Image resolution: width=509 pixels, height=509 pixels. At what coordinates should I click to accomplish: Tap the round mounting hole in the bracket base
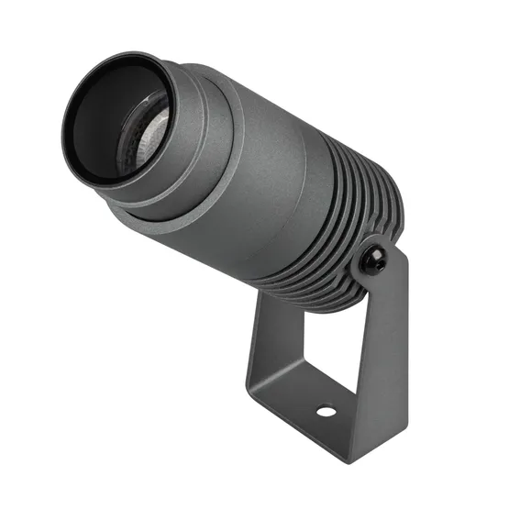tap(325, 411)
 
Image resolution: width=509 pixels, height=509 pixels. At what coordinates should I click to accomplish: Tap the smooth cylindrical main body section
tap(275, 156)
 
